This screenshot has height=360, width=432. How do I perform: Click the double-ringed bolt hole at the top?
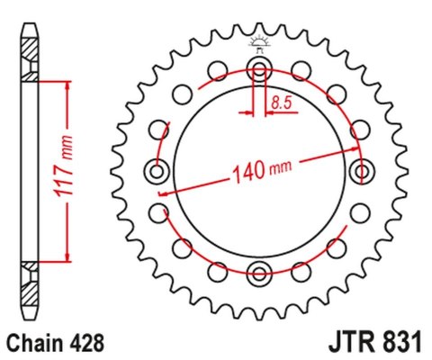click(260, 68)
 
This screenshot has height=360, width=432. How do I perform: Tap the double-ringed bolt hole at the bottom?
click(260, 274)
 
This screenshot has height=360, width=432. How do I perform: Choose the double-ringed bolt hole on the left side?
click(157, 171)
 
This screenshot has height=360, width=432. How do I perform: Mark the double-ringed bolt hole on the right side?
click(363, 171)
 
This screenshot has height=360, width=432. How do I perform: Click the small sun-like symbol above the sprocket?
click(260, 41)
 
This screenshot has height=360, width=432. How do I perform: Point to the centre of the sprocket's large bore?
click(260, 171)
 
